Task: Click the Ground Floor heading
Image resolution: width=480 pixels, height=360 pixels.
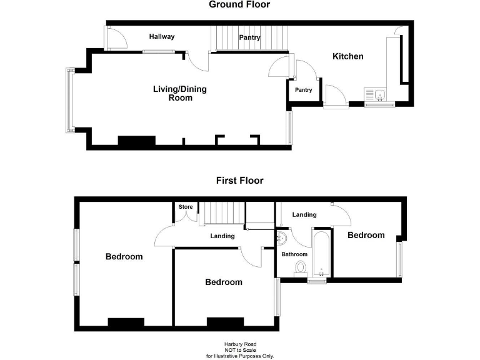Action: [239, 5]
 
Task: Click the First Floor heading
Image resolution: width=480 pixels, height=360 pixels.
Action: [239, 181]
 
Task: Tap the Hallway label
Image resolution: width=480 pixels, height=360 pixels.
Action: [162, 37]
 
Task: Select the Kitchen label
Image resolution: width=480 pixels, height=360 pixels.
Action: [347, 57]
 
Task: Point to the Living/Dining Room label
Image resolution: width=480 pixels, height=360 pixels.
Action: [180, 93]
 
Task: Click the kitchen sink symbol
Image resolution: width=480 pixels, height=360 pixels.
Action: [379, 95]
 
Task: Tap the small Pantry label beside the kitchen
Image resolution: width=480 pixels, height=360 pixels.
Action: [304, 90]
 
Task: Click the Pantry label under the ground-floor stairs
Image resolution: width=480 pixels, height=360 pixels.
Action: [250, 38]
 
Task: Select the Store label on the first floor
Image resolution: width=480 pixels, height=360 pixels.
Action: [186, 207]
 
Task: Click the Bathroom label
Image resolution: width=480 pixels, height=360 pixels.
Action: [294, 254]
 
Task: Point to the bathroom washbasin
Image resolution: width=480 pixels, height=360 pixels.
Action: [281, 238]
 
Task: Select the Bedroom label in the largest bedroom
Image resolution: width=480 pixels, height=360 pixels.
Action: [124, 257]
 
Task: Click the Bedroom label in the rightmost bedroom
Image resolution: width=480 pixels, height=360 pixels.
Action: [366, 236]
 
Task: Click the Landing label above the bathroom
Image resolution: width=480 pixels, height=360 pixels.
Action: [304, 215]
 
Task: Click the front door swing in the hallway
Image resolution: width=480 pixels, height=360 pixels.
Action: [116, 39]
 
